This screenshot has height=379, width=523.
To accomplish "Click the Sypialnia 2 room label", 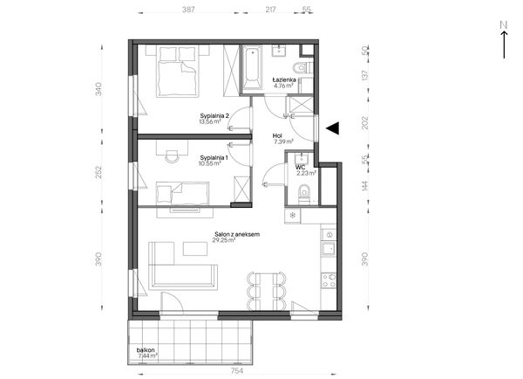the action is (214, 116).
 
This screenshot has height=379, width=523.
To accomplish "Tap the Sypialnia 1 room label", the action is (214, 157).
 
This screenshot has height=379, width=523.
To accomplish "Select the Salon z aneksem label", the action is (237, 234).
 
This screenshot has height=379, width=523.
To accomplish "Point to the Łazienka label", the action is (284, 79).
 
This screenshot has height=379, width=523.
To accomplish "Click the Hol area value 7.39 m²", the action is (283, 141).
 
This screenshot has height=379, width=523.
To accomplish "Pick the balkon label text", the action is (146, 350).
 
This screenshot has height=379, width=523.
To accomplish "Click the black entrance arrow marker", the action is (333, 127).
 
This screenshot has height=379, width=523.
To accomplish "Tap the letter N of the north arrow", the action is (504, 24).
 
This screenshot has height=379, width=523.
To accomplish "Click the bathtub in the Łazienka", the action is (252, 68).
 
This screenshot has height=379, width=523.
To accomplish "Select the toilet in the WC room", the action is (304, 193).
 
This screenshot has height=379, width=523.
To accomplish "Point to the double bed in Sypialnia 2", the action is (177, 72).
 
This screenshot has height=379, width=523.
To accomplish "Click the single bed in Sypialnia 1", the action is (183, 193).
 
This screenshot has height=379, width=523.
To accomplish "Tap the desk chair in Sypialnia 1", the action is (172, 156).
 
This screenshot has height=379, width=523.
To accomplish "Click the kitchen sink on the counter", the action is (329, 249).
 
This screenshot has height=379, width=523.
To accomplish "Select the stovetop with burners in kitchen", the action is (329, 280).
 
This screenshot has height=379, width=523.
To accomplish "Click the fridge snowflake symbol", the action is (293, 215).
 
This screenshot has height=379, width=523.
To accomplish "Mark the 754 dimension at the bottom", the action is (236, 370).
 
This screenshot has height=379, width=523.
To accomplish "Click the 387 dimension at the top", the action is (188, 10).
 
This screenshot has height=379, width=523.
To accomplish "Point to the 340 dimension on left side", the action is (98, 89).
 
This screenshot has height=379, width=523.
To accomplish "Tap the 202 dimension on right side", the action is (365, 122).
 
